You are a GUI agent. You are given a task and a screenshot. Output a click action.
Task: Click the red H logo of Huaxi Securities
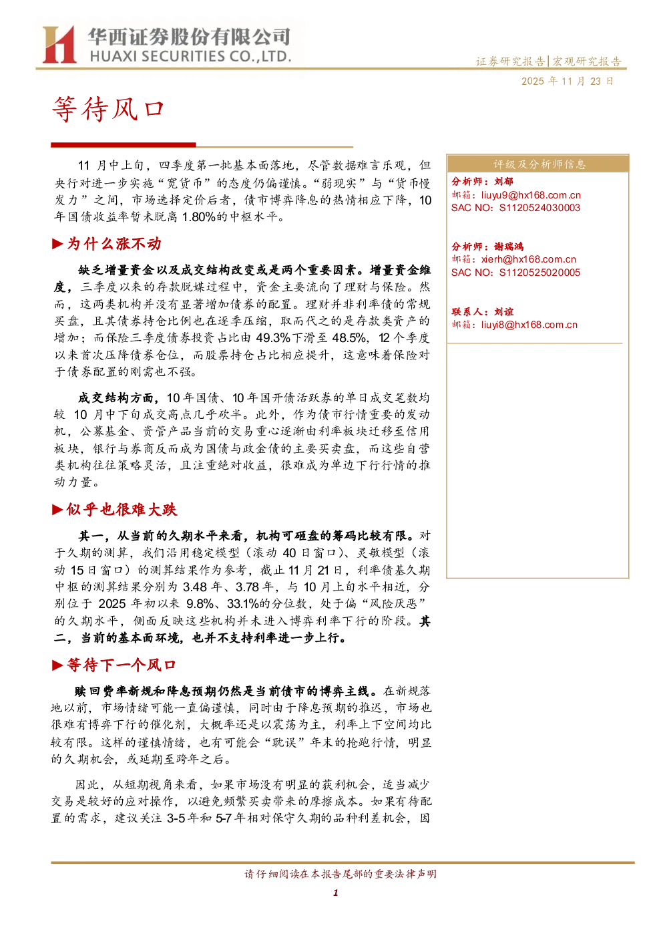tap(59, 44)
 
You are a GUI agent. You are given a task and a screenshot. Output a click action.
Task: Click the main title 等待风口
tap(107, 109)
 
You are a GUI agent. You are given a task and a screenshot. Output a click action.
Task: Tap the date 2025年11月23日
tap(567, 81)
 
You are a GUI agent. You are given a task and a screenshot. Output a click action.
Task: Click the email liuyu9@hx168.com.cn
tap(531, 194)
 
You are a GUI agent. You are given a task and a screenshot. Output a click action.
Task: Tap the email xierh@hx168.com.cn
tap(529, 259)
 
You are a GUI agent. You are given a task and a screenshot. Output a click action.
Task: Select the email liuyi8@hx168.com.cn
tap(529, 325)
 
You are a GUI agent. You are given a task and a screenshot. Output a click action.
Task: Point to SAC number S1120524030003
tap(539, 208)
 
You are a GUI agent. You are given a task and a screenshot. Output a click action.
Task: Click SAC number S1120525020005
tap(539, 273)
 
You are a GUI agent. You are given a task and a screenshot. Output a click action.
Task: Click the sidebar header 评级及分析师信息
tap(539, 164)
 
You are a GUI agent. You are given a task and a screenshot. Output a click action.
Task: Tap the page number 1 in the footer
tap(335, 893)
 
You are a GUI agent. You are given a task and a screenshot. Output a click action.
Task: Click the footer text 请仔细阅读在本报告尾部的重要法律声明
tap(341, 874)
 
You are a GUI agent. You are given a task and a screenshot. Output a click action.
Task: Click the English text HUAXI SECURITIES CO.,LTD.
tap(190, 56)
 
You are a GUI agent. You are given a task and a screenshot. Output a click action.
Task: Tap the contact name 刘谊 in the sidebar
tap(503, 311)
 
